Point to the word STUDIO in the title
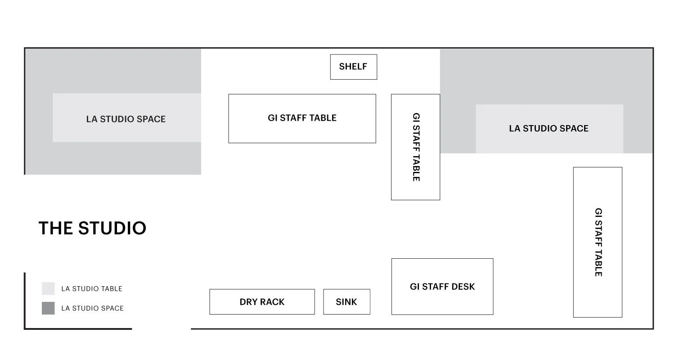[x=112, y=228]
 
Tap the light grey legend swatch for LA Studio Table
[x=48, y=288]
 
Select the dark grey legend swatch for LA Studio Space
[x=48, y=308]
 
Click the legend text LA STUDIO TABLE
[x=92, y=289]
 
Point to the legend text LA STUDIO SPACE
[x=92, y=308]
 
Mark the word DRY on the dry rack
[x=248, y=302]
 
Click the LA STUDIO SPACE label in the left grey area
[x=126, y=119]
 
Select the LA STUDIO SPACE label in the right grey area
[x=549, y=128]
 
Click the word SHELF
[x=353, y=67]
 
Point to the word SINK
[x=346, y=302]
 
